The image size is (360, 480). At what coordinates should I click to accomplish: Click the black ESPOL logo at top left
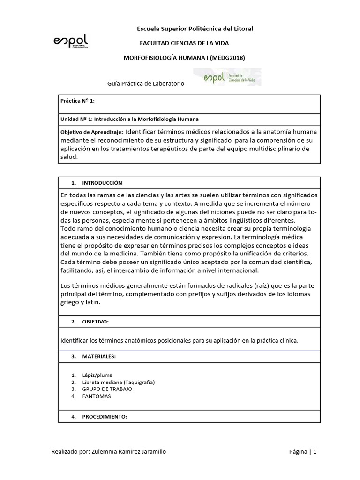pos(71,41)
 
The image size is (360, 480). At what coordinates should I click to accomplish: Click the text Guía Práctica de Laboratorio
pos(146,83)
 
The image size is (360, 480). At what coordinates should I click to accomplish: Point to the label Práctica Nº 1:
pos(78,100)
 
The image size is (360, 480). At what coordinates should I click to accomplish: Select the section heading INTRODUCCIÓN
pos(102,182)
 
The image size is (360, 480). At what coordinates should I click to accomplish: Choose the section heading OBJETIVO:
pos(95,322)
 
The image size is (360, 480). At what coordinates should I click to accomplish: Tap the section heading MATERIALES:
pos(98,357)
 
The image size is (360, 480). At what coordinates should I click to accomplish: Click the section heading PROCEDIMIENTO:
pos(105,416)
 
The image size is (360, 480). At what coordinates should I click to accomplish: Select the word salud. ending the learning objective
pos(69,157)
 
